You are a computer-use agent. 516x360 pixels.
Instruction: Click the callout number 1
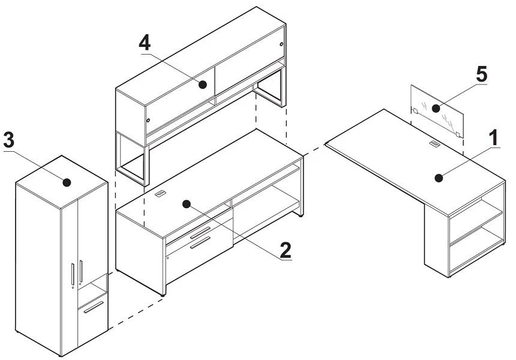point(494,137)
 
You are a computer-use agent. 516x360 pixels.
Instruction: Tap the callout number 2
point(286,250)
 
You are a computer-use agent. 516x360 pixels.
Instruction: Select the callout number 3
point(8,140)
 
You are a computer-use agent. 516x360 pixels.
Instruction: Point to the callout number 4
point(145,43)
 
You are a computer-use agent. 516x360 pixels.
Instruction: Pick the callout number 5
point(481,74)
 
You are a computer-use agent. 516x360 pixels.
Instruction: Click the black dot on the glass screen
point(436,108)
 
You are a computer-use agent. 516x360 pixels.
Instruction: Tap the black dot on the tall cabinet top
point(67,182)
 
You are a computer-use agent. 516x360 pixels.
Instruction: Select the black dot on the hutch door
point(203,85)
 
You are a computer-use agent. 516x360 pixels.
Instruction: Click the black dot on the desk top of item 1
point(439,178)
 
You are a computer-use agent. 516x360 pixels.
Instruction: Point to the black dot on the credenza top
point(187,204)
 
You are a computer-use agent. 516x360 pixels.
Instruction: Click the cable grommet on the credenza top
point(160,193)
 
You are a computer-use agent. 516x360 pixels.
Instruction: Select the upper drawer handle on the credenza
point(200,232)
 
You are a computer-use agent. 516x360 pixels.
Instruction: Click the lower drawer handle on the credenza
point(200,242)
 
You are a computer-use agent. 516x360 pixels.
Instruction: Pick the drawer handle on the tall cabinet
point(94,307)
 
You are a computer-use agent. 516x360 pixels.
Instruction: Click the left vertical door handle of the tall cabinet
point(73,274)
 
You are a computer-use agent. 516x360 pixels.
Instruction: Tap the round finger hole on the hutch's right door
point(281,44)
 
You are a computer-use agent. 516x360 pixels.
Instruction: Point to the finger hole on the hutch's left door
point(148,121)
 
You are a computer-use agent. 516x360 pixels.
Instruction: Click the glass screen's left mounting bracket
point(415,111)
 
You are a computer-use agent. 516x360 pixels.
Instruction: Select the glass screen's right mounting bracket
point(457,134)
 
